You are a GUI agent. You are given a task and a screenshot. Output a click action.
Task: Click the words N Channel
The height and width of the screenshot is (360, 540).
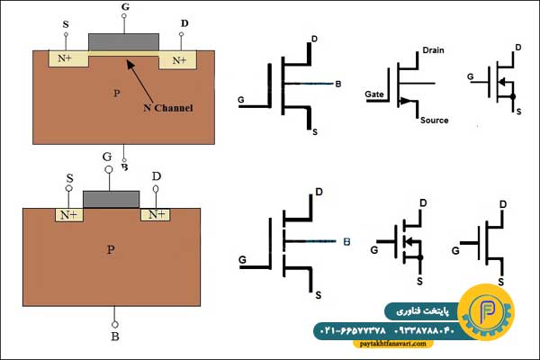168,108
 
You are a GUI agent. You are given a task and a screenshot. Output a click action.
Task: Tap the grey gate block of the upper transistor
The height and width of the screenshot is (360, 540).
124,42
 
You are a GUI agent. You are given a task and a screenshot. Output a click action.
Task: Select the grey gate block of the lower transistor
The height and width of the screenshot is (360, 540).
112,200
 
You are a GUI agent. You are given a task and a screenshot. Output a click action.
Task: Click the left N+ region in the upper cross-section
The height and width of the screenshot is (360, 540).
68,58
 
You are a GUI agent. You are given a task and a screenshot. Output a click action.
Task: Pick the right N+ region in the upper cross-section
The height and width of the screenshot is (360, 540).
177,60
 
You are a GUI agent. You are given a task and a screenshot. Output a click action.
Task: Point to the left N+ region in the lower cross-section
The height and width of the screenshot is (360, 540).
69,215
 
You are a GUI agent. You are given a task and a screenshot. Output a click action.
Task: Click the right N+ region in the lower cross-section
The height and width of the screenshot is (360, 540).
156,214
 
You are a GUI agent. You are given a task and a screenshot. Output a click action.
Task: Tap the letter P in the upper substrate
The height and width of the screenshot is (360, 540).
117,93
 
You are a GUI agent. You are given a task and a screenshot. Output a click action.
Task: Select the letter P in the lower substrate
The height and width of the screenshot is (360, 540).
111,249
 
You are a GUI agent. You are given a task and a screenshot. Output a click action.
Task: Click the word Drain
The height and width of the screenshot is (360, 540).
433,50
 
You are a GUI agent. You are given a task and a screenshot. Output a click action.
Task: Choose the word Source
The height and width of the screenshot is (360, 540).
435,121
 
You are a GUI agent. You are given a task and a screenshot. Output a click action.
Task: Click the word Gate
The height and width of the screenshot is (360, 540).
374,94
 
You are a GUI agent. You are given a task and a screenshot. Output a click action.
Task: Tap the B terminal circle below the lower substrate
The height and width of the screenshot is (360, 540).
115,325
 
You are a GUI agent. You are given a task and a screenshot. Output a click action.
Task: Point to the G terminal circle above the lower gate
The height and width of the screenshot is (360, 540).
109,169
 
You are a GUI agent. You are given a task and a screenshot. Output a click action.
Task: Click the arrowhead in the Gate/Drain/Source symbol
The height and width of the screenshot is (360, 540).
407,101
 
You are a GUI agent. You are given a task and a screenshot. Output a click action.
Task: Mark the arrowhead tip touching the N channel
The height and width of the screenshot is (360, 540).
127,60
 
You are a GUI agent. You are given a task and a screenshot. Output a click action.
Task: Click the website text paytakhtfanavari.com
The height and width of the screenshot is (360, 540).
392,344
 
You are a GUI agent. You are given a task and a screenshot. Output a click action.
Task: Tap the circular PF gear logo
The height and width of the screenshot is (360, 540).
486,312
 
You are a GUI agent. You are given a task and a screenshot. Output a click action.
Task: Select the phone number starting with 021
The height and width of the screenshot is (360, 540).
355,330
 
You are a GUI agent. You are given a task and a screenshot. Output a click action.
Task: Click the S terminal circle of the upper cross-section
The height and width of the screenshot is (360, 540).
66,34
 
